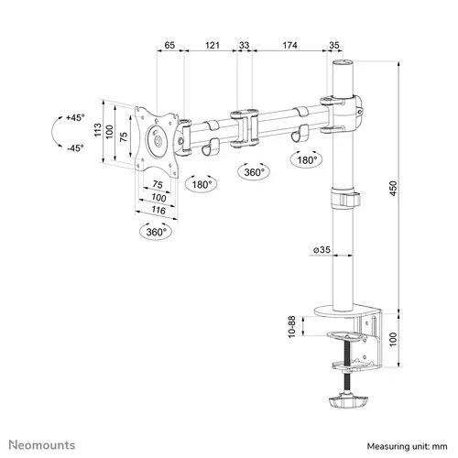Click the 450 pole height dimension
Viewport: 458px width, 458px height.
pyautogui.click(x=393, y=189)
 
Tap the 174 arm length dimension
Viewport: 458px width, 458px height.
pyautogui.click(x=289, y=45)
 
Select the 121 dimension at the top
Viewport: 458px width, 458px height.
pyautogui.click(x=213, y=45)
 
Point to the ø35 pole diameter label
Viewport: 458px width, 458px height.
pyautogui.click(x=322, y=250)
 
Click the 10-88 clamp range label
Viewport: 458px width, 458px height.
pyautogui.click(x=292, y=327)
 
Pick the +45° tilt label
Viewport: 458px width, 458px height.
pyautogui.click(x=75, y=117)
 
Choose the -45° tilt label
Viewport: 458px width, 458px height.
pyautogui.click(x=75, y=148)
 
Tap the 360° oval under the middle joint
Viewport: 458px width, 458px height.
pyautogui.click(x=254, y=172)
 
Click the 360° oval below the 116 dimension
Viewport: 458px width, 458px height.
pyautogui.click(x=156, y=232)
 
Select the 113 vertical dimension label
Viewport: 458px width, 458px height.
pyautogui.click(x=98, y=130)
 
